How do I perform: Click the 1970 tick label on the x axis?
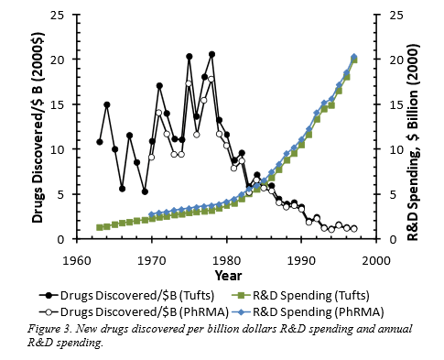point(151,261)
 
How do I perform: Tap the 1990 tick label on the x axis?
point(301,261)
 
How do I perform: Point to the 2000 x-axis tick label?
point(377,261)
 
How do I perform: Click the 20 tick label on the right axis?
point(396,60)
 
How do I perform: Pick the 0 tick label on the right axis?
point(393,239)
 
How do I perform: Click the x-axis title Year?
point(228,276)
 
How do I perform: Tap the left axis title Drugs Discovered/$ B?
point(38,127)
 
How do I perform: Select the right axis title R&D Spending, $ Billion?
point(414,142)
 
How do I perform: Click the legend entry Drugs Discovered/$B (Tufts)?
point(127,295)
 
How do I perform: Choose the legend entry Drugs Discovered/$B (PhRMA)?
point(134,311)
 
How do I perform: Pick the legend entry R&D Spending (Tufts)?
point(300,295)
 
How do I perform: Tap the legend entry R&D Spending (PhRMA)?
point(308,311)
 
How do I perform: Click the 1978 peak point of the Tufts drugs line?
point(211,54)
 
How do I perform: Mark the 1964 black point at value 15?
point(107,104)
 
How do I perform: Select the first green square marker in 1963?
point(99,227)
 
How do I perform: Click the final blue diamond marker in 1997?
point(354,57)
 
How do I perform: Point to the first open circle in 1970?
point(151,158)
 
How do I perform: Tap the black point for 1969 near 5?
point(145,191)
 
